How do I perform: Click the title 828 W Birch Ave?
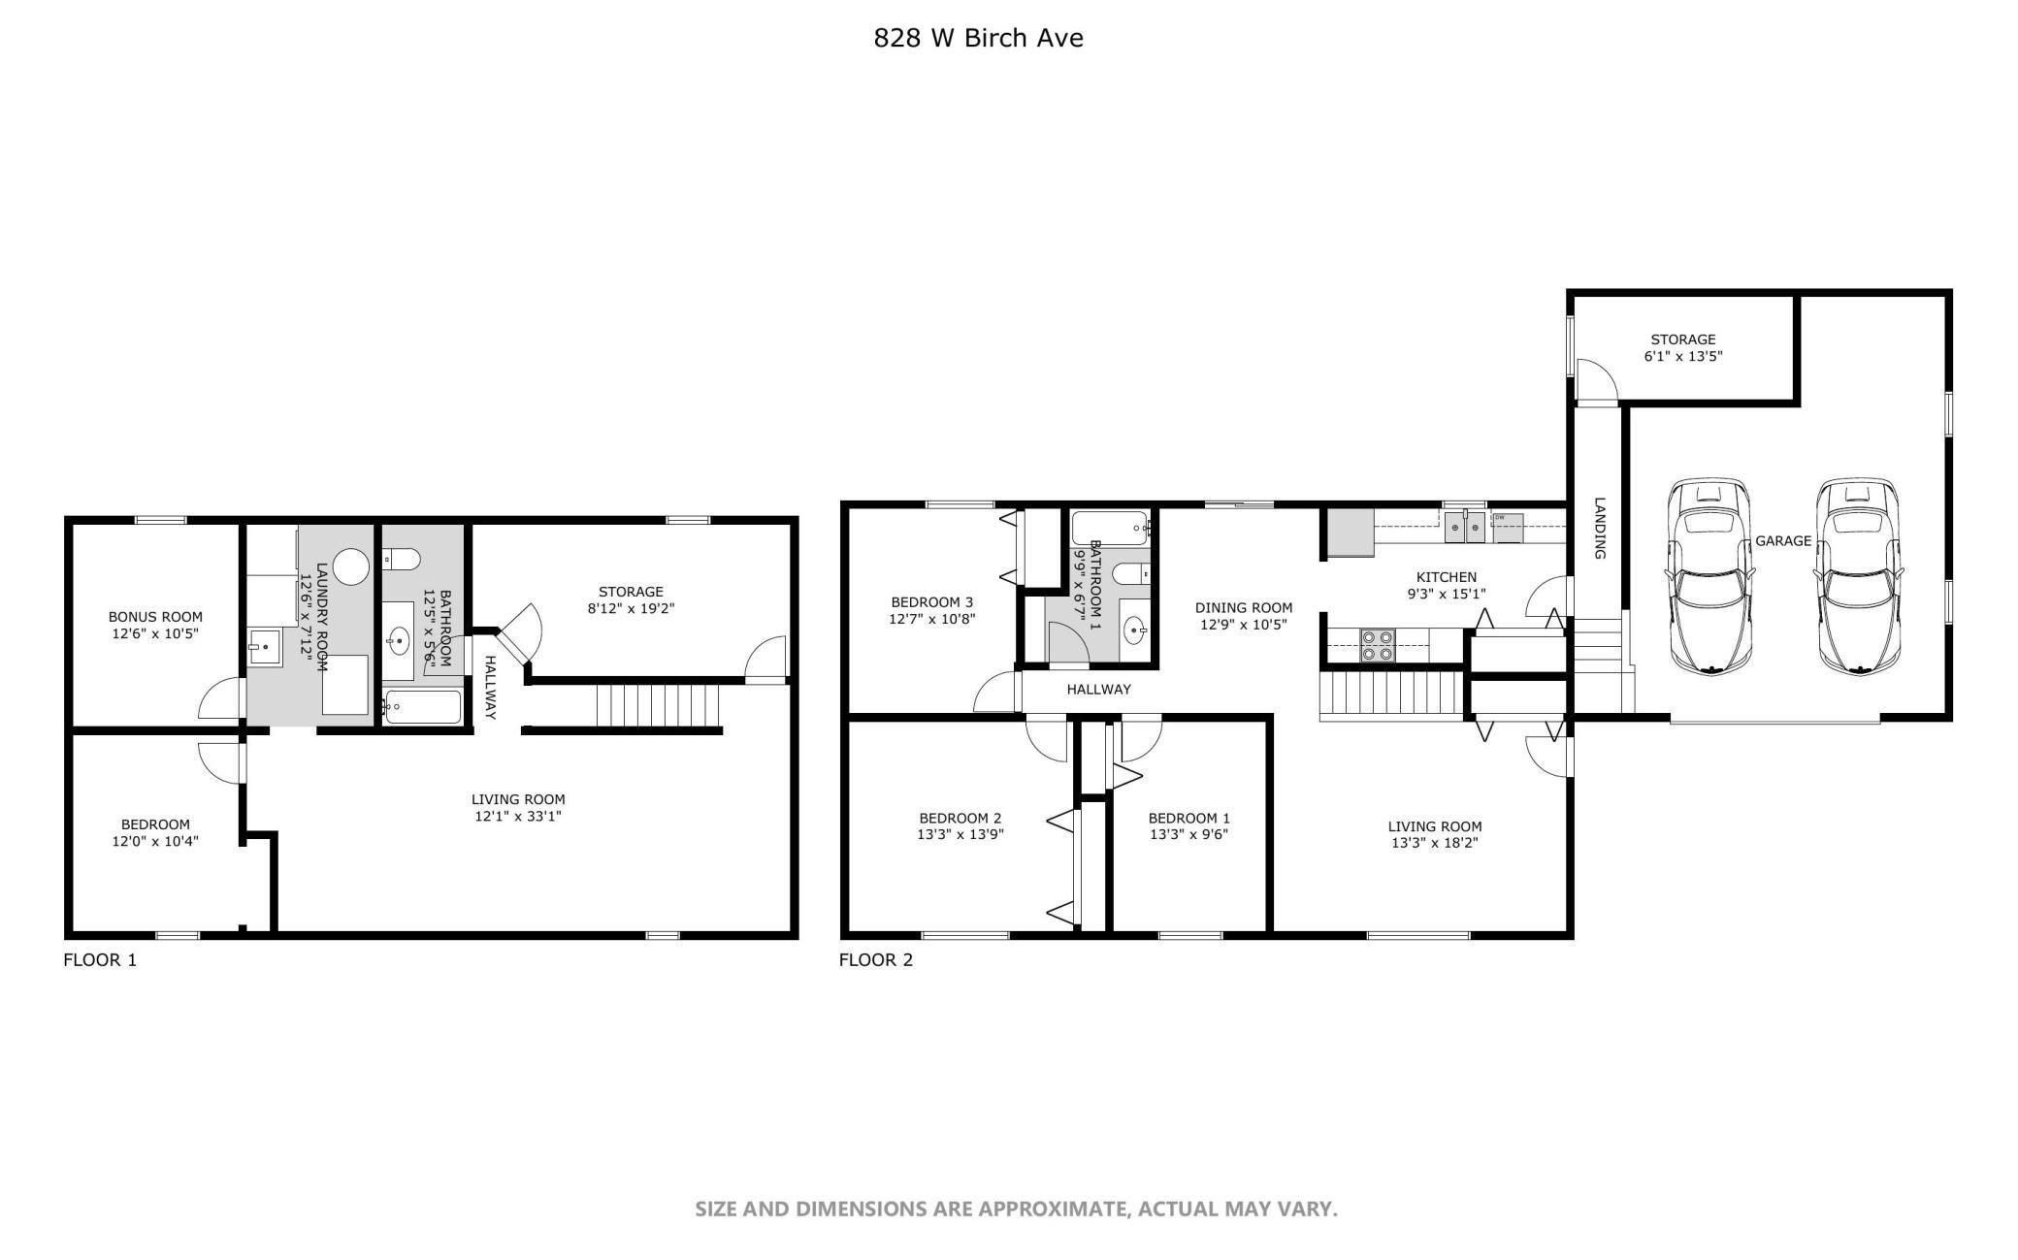coord(978,38)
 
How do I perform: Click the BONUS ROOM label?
coord(155,617)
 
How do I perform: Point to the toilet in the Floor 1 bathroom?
coord(402,559)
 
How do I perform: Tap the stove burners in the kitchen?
coord(1377,646)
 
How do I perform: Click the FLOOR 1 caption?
coord(100,960)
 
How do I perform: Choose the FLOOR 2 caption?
coord(876,960)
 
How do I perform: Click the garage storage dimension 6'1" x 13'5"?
coord(1683,356)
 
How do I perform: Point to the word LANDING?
coord(1600,529)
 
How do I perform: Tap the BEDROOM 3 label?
coord(931,602)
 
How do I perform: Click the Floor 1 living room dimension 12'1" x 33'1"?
coord(518,817)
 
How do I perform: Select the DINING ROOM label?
coord(1244,608)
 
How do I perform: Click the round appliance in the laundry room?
coord(351,566)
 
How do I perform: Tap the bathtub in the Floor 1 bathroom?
coord(422,707)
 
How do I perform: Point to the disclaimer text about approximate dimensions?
coord(1016,1210)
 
